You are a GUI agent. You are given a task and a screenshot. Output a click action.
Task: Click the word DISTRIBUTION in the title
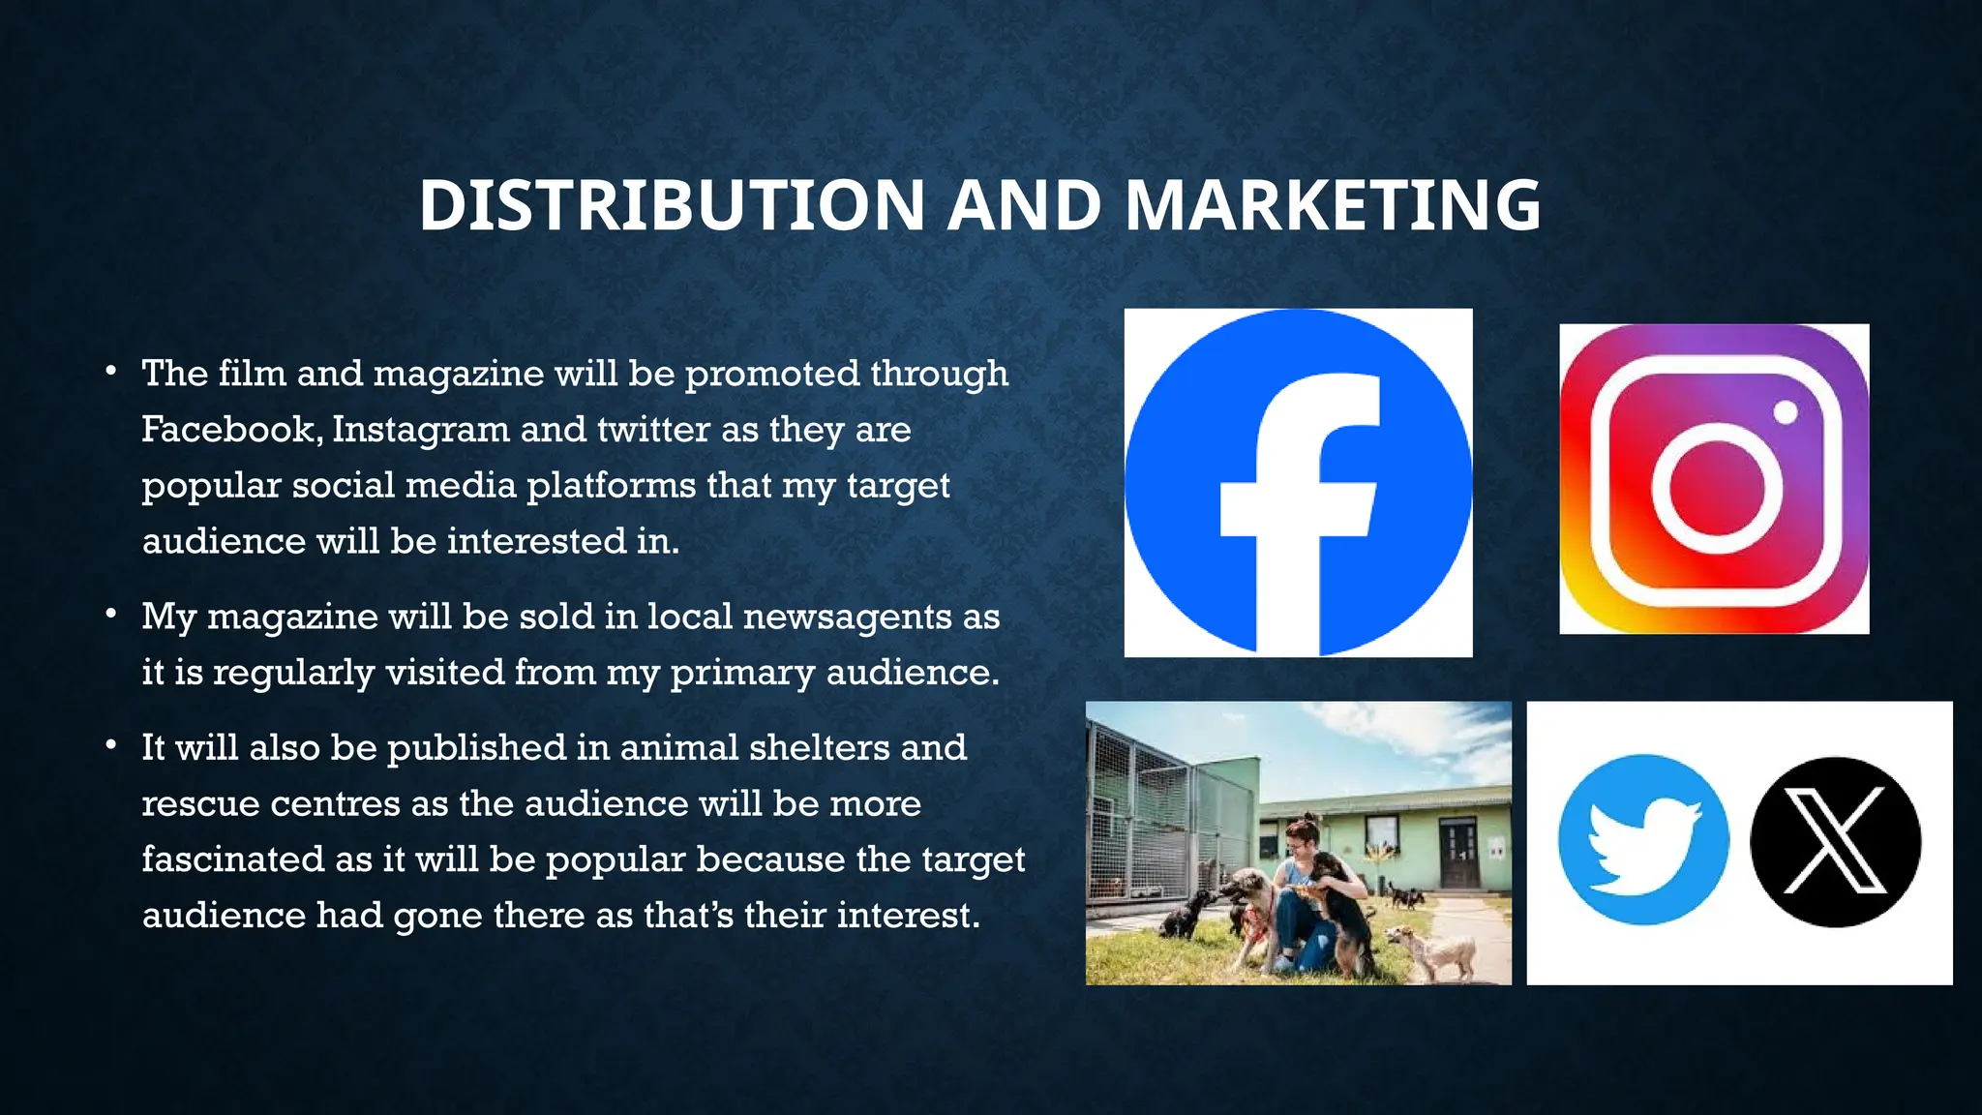click(672, 205)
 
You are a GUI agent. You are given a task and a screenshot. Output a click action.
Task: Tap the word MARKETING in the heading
click(1333, 205)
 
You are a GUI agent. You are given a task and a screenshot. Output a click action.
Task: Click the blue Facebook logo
click(1298, 483)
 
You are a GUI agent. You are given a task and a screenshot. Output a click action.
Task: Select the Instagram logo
click(1714, 479)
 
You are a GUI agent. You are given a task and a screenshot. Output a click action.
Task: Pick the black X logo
click(1835, 841)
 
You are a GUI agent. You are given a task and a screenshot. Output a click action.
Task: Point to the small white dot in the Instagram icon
click(1786, 412)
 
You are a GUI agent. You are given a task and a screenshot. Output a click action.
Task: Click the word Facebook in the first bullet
click(229, 429)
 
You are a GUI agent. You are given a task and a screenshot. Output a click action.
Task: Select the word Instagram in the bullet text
click(420, 429)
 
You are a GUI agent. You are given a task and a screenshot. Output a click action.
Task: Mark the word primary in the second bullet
click(743, 673)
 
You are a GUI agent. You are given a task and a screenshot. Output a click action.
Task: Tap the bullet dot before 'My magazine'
click(112, 614)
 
